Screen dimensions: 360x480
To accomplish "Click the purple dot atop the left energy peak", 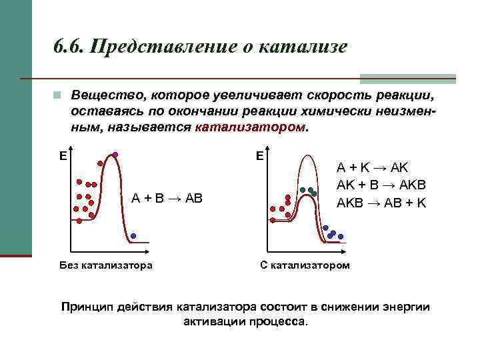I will pos(115,155).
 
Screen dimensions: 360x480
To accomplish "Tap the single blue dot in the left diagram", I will pos(133,235).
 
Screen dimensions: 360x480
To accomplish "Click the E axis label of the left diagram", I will pos(62,156).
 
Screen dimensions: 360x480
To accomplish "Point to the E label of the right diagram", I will pos(260,156).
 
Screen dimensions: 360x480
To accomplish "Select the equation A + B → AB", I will pos(167,197).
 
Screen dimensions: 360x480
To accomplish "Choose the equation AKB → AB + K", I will pos(381,202).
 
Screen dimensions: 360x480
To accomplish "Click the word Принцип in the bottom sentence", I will pos(87,307).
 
